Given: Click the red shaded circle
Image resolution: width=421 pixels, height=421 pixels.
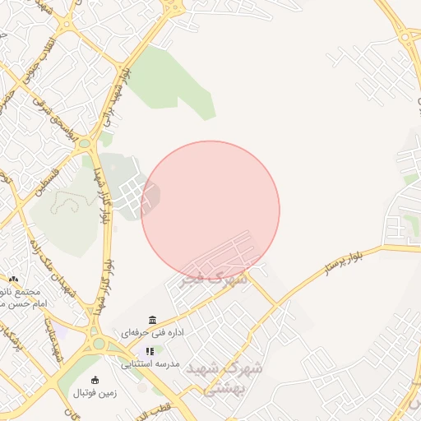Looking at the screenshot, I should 210,210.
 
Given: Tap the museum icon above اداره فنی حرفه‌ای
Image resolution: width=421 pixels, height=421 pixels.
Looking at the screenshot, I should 152,320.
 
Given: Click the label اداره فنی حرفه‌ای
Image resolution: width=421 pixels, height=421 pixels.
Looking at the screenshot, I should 152,334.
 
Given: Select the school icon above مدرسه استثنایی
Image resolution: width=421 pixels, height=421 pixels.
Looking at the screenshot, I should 150,351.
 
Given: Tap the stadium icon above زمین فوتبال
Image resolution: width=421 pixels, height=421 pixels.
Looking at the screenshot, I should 95,380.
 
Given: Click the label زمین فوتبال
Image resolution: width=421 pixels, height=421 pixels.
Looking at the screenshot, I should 95,393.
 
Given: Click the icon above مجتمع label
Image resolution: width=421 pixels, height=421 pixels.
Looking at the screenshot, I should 13,280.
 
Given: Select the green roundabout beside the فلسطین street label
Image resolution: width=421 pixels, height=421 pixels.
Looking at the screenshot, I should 84,143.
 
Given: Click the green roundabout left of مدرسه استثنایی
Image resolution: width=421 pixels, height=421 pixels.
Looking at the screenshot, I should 99,343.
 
